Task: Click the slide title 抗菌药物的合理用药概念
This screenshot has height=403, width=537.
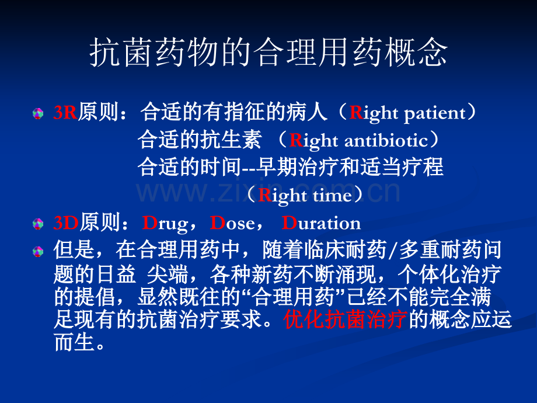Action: (x=268, y=53)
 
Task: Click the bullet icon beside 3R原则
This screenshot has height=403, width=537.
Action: (x=38, y=113)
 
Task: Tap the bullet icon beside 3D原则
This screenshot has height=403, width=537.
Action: (x=38, y=224)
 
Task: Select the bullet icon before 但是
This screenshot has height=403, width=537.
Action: (x=38, y=252)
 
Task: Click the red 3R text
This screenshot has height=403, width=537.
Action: (x=65, y=112)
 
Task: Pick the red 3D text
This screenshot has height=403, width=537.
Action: (x=66, y=223)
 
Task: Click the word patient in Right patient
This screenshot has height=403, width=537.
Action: (x=435, y=114)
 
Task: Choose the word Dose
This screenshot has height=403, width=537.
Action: (x=232, y=223)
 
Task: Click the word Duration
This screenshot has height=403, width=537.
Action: (x=321, y=223)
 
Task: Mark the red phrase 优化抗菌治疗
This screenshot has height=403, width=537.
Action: (x=345, y=319)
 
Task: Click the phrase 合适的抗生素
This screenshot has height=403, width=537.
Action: (x=199, y=140)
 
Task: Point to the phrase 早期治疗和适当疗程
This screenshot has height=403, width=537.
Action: (x=350, y=167)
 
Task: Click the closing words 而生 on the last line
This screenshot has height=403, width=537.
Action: (x=74, y=342)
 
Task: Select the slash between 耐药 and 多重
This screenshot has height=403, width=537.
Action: (x=393, y=250)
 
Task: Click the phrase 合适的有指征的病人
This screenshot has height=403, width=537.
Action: (x=233, y=112)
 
